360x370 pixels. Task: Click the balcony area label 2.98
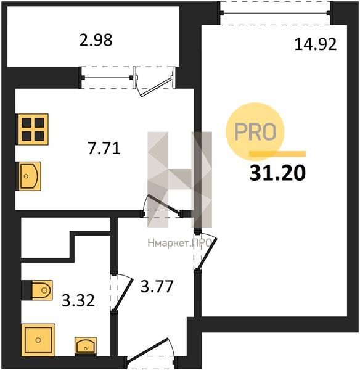pos(96,40)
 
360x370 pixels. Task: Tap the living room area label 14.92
pos(316,44)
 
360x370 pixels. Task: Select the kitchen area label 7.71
pos(104,149)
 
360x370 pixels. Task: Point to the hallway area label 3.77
pos(157,286)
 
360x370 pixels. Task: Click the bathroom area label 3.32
pos(78,300)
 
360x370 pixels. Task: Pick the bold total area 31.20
pos(277,173)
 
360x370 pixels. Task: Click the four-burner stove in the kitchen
pos(32,129)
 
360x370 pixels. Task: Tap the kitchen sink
pos(28,176)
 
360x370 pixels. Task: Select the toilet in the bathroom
pos(37,290)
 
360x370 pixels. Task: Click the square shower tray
pos(38,340)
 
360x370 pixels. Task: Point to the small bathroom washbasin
pos(86,347)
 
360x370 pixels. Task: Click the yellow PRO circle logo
pos(255,131)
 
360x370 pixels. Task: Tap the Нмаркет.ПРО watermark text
pos(179,243)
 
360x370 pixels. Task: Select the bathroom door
pos(121,292)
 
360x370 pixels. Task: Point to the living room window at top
pos(275,13)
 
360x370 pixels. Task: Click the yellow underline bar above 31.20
pos(277,154)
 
